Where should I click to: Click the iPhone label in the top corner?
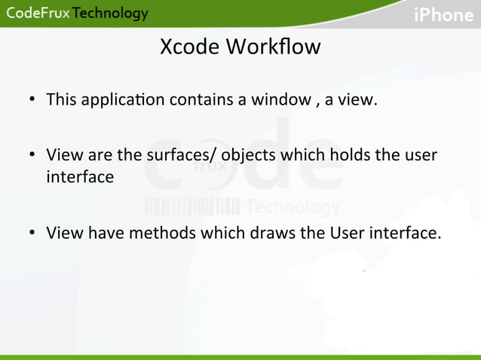click(x=443, y=15)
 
